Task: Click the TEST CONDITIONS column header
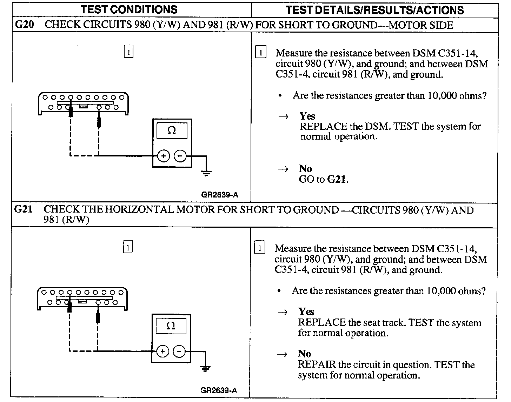tap(129, 9)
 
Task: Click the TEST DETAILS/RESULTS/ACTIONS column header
tap(374, 10)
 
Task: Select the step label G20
tap(24, 25)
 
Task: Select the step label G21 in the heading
tap(24, 209)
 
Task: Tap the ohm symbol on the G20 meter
tap(172, 130)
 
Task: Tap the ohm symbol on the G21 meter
tap(171, 326)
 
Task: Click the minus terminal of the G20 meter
tap(180, 156)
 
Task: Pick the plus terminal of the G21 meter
tap(162, 351)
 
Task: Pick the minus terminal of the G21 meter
tap(179, 351)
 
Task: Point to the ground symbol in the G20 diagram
tap(206, 172)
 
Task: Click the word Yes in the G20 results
tap(307, 116)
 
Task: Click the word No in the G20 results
tap(305, 169)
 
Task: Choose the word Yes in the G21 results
tap(306, 311)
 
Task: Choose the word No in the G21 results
tap(304, 354)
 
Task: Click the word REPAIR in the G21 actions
tap(317, 364)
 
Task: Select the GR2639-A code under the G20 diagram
tap(220, 195)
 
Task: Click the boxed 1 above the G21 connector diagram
tap(128, 247)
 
